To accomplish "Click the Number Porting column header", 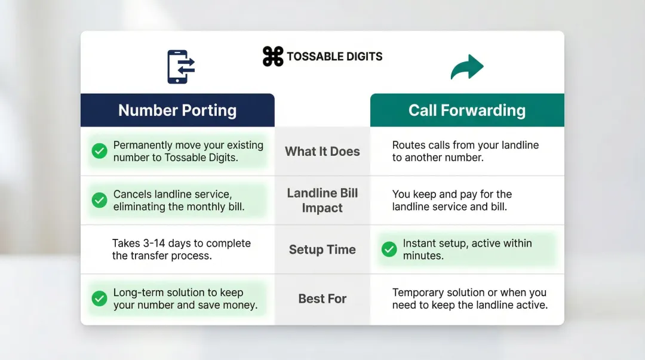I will [x=177, y=110].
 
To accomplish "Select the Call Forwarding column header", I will [x=467, y=110].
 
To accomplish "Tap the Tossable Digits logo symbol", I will [x=273, y=57].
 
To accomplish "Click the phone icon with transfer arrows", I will [x=181, y=66].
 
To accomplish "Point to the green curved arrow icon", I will [x=466, y=67].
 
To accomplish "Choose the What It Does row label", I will [x=322, y=152].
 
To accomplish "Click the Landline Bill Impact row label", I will [x=322, y=201].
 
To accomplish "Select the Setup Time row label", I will [x=322, y=250].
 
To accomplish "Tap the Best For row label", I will [x=322, y=299].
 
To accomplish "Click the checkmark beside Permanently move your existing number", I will [x=99, y=152].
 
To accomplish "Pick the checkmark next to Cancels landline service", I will [x=99, y=201].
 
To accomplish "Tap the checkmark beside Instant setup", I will [x=389, y=250].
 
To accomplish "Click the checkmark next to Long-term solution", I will [x=99, y=299].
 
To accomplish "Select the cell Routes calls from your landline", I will [x=465, y=152].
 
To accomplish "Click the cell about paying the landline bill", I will [x=452, y=201].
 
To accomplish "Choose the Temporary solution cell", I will [x=469, y=299].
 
